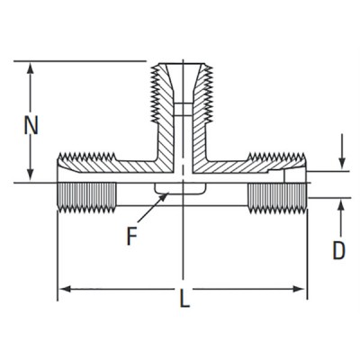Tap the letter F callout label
click(132, 238)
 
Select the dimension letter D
click(339, 250)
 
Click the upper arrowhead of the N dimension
click(32, 67)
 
